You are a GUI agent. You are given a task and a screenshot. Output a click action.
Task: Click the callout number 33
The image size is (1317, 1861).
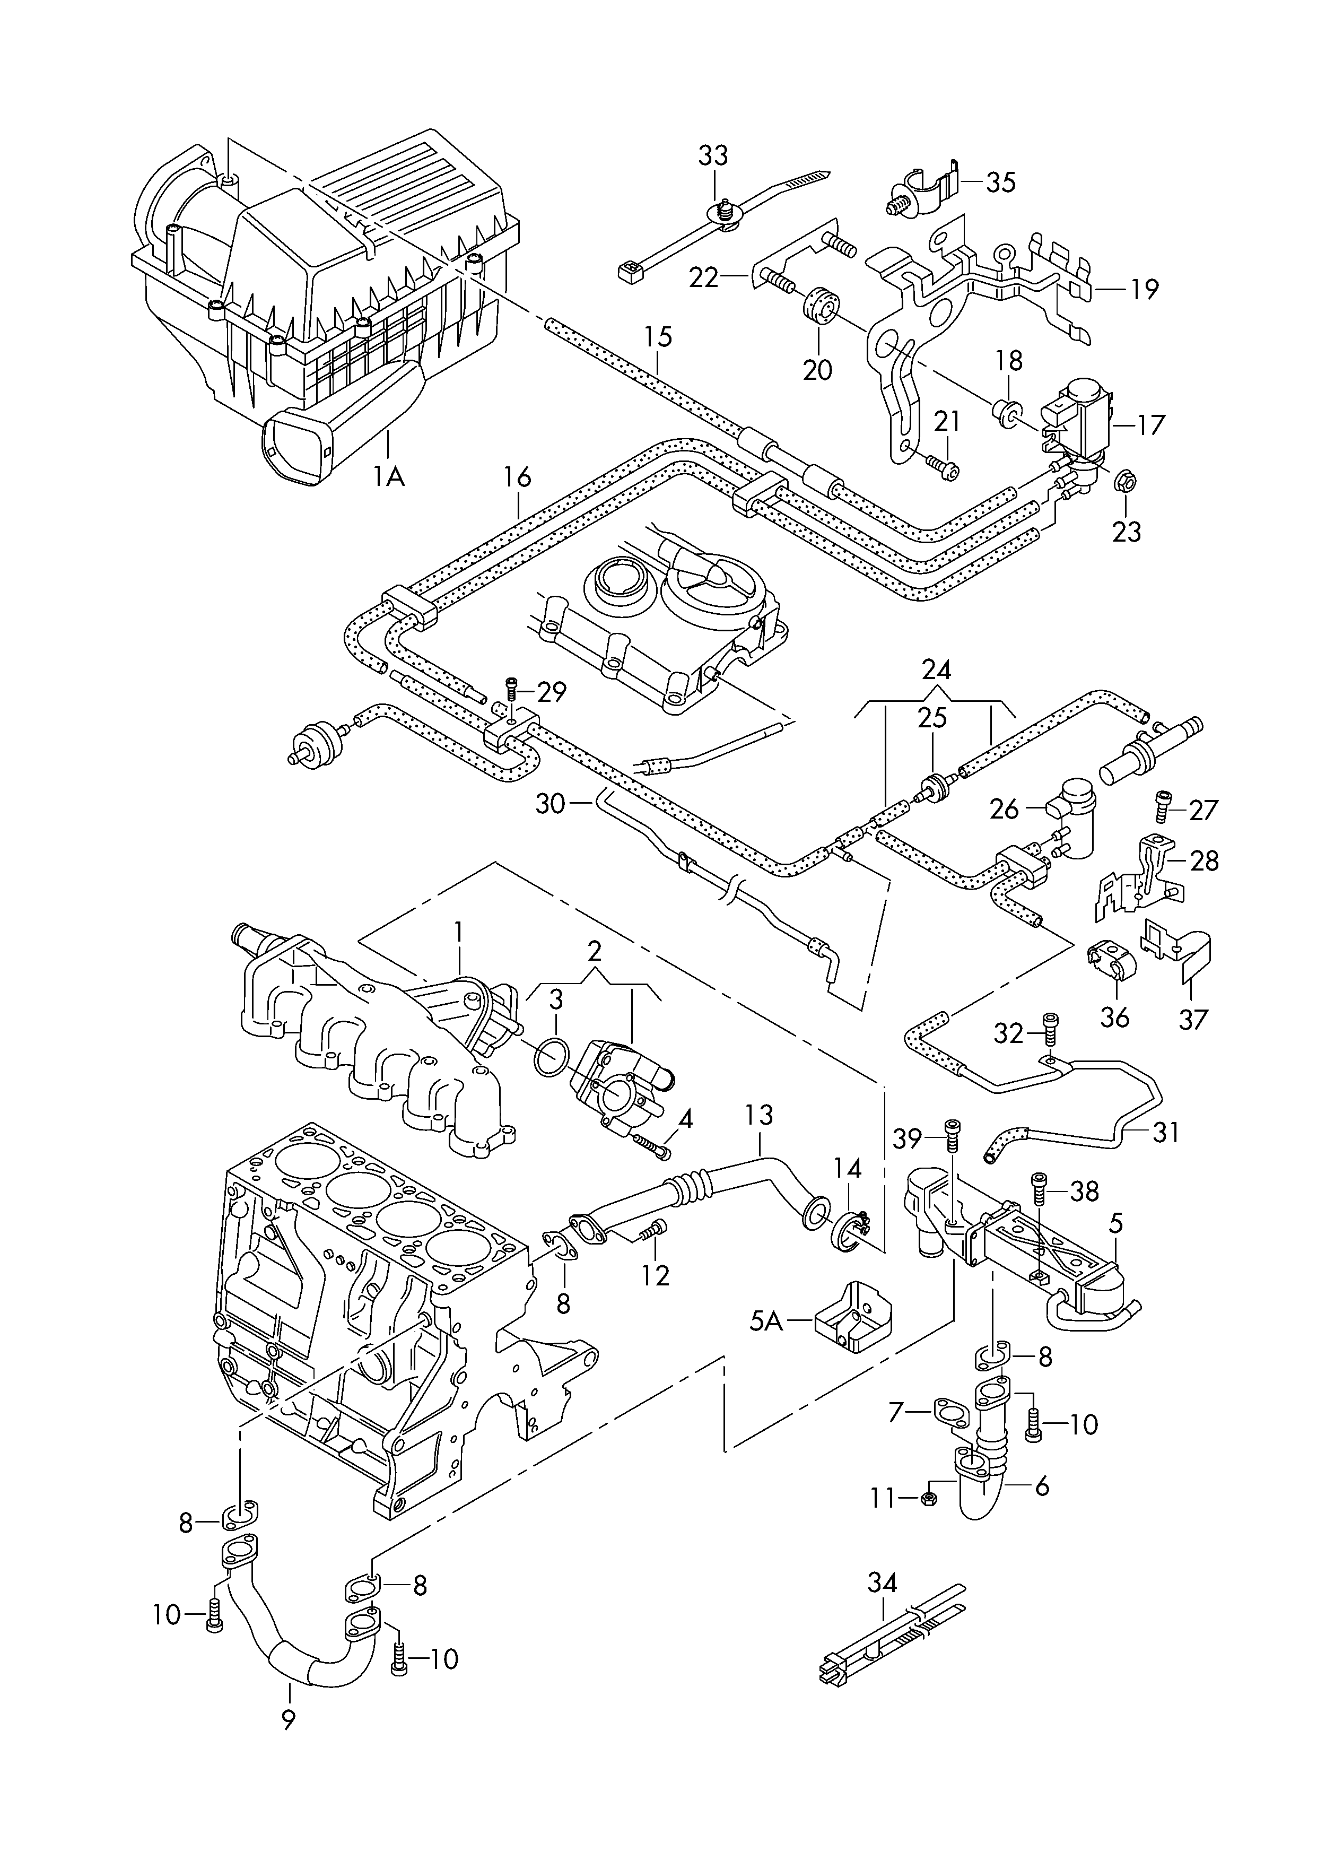tap(713, 155)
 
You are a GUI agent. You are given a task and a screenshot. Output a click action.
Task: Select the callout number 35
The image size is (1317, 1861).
tap(1001, 182)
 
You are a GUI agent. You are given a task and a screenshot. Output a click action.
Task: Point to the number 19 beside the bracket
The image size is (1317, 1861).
tap(1144, 290)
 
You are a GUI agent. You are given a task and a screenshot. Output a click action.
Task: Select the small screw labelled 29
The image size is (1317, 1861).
tap(511, 689)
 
